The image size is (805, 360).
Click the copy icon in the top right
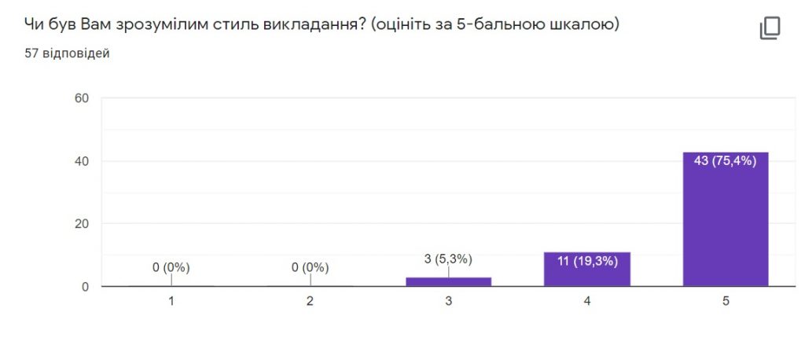770,28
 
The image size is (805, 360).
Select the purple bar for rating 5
726,219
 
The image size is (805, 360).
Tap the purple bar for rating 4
586,269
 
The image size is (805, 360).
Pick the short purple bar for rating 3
448,282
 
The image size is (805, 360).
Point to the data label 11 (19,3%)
586,262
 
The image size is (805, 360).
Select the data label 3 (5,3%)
448,259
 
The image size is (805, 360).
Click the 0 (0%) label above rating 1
171,267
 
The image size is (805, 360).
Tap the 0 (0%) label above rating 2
310,267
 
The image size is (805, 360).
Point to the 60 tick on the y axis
83,97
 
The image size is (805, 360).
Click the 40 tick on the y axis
83,160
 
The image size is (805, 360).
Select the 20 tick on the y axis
83,224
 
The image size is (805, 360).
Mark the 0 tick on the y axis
86,287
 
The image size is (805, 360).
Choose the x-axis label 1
171,302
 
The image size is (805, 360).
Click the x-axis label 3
448,302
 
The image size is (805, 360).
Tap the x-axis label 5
726,302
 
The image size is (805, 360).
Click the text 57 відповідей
68,53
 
